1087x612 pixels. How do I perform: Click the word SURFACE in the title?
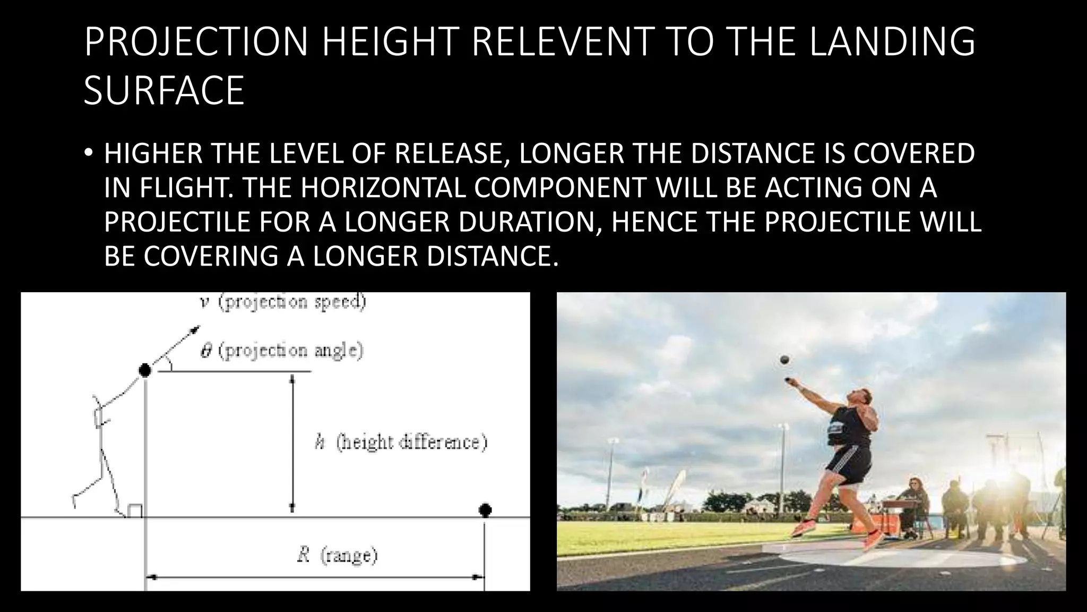[x=163, y=91]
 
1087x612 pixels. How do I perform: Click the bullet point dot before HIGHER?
[x=88, y=154]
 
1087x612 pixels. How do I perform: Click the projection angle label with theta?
[x=282, y=351]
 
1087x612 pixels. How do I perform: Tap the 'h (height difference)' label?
[x=401, y=442]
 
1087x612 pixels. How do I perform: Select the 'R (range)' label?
[x=337, y=556]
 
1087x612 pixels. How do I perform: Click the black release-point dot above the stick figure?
[x=144, y=370]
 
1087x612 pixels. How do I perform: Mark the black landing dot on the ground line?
[x=485, y=510]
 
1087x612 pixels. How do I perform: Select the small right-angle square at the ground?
[x=134, y=511]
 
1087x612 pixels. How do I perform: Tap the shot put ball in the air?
[x=784, y=360]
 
